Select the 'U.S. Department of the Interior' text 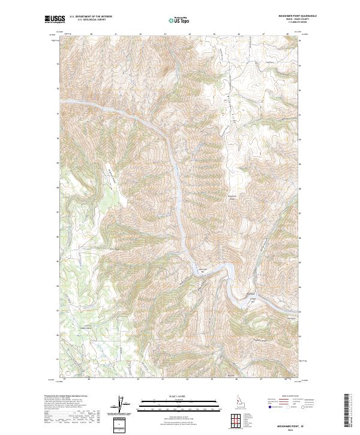click(91, 16)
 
